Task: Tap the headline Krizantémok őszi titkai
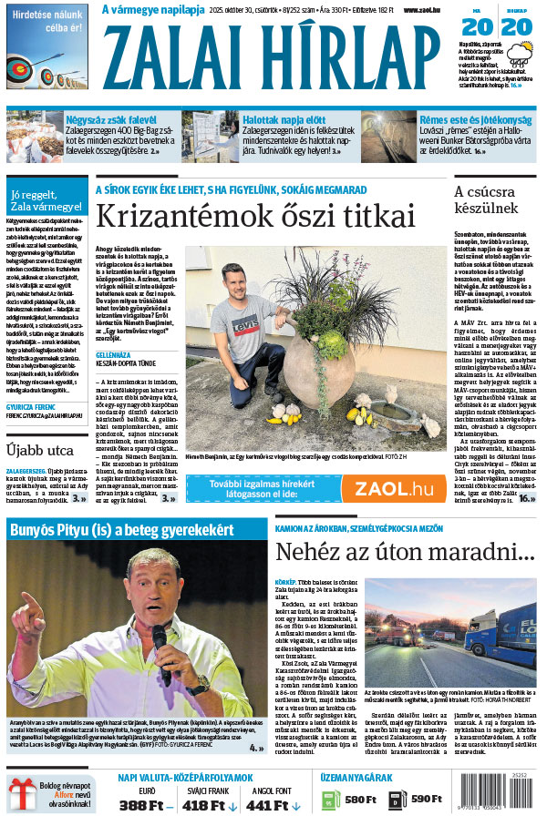tap(255, 217)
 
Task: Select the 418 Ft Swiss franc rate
tap(206, 804)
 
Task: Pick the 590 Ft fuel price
tap(426, 799)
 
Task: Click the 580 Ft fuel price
tap(359, 799)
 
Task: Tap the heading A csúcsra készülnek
tap(486, 199)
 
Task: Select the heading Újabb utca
tap(40, 450)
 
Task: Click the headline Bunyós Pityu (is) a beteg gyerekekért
tap(121, 529)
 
